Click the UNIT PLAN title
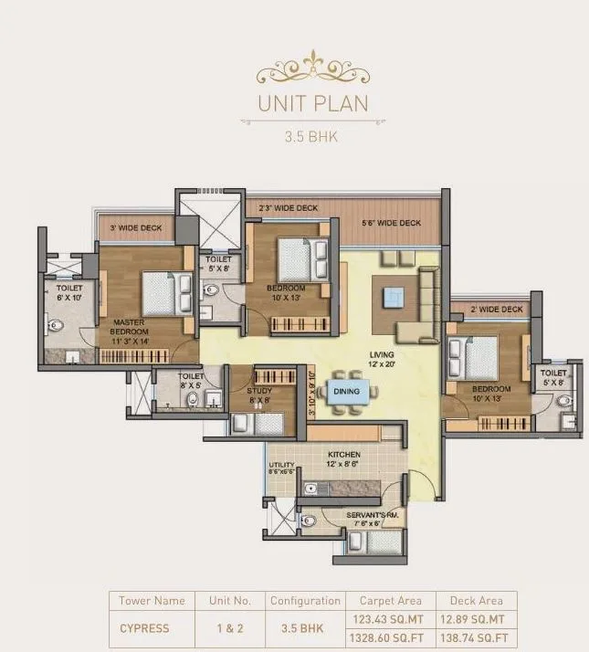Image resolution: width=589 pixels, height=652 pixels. [x=312, y=102]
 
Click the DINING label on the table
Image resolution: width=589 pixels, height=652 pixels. [x=345, y=391]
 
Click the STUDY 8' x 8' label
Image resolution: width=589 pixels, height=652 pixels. [x=258, y=394]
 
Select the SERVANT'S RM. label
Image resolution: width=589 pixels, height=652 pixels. [x=370, y=518]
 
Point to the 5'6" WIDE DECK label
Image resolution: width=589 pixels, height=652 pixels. [x=391, y=223]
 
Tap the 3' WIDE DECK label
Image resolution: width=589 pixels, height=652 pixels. [x=135, y=226]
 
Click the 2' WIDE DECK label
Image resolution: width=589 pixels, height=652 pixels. [x=496, y=310]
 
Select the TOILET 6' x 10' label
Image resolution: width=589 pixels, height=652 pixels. [x=68, y=291]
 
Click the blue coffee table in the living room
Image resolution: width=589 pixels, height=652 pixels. [x=393, y=297]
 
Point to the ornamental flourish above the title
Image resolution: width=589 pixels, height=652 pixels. [x=312, y=68]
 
